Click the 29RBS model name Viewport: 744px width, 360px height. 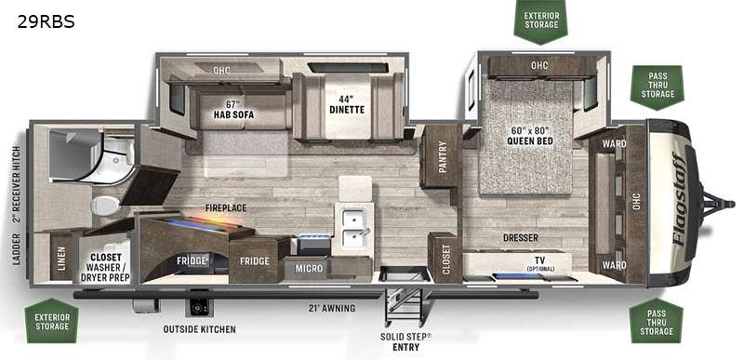click(46, 21)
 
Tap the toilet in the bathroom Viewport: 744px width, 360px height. click(105, 206)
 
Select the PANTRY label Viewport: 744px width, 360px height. click(443, 156)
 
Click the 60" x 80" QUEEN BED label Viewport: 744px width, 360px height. click(529, 136)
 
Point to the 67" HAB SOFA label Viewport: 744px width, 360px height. click(233, 110)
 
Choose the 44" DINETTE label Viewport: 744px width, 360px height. click(347, 104)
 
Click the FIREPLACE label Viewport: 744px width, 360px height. click(226, 207)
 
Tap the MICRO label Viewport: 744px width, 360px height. click(309, 269)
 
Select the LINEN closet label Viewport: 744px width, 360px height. click(61, 259)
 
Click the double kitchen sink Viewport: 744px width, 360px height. click(353, 228)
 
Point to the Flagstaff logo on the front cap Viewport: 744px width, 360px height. click(678, 198)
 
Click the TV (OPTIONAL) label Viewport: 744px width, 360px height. click(540, 263)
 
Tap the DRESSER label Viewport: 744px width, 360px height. click(521, 237)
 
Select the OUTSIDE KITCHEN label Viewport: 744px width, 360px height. click(199, 329)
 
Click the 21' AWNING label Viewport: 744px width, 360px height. click(331, 308)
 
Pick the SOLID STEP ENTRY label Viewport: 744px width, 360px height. click(405, 342)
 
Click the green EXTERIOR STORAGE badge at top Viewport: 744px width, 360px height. click(541, 20)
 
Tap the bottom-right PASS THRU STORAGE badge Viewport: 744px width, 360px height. click(657, 321)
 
